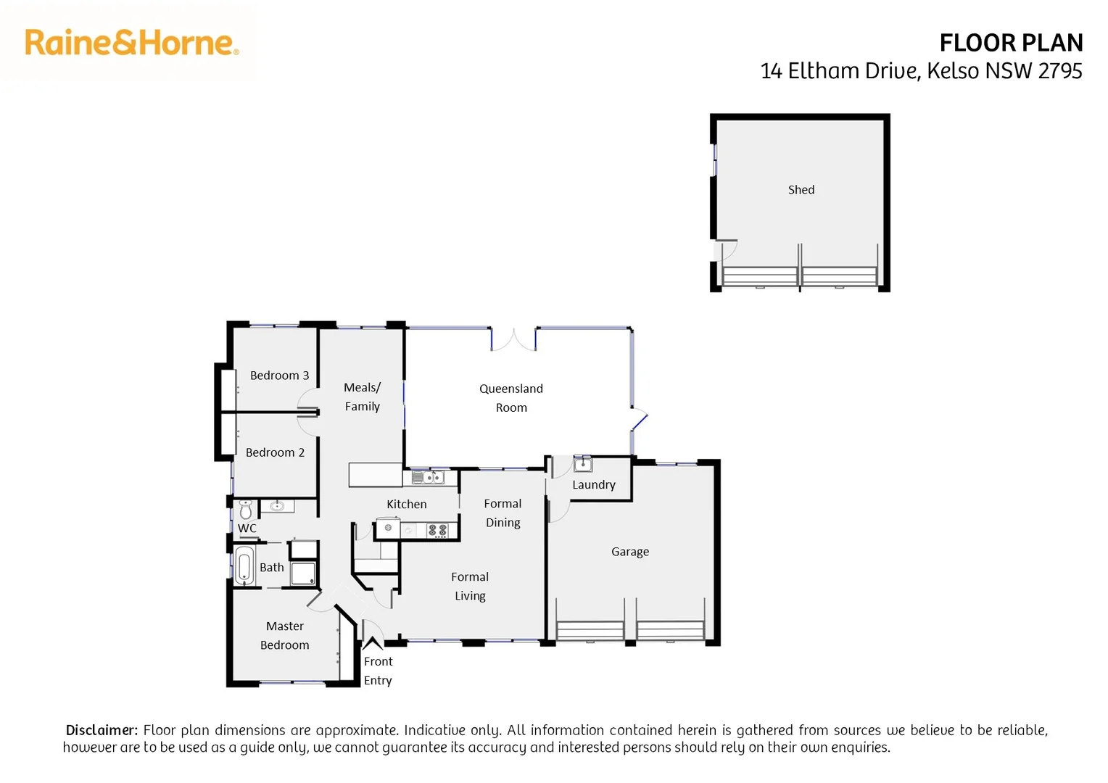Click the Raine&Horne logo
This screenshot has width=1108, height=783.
click(x=131, y=43)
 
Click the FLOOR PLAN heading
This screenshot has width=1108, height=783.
click(x=1010, y=43)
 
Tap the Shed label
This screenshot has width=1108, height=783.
click(x=801, y=190)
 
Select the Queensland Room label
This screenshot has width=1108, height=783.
click(x=511, y=398)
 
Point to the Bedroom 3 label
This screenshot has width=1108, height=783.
click(x=279, y=376)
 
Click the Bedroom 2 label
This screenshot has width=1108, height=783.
click(x=275, y=452)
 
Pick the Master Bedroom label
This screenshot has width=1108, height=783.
click(x=284, y=636)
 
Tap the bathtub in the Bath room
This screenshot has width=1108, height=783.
click(x=244, y=565)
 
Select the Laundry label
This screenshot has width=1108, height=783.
click(x=593, y=485)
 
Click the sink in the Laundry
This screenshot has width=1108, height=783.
click(x=583, y=464)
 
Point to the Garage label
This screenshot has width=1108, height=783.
click(x=629, y=552)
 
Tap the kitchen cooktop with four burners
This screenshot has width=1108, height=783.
click(x=437, y=530)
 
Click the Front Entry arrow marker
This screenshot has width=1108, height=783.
click(x=373, y=643)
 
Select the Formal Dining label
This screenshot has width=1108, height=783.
click(x=503, y=513)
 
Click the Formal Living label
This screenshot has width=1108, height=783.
click(x=470, y=587)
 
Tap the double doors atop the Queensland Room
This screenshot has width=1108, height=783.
click(x=513, y=339)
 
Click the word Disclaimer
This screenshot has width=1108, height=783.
click(x=102, y=730)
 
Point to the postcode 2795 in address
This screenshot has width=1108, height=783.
click(x=1059, y=71)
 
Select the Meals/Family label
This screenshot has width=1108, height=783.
click(x=362, y=397)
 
